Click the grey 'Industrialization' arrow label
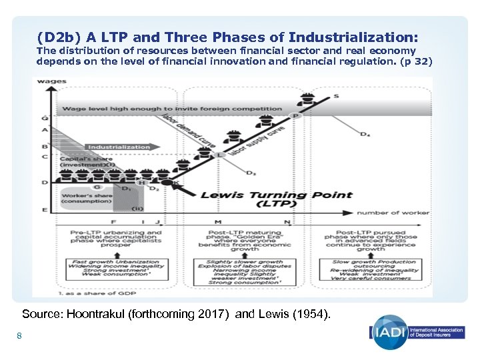tap(119, 147)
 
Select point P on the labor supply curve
tap(297, 115)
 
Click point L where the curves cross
tap(221, 155)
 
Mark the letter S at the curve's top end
tap(336, 96)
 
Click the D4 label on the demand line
tap(365, 135)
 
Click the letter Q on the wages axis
tap(44, 118)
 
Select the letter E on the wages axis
tap(44, 210)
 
